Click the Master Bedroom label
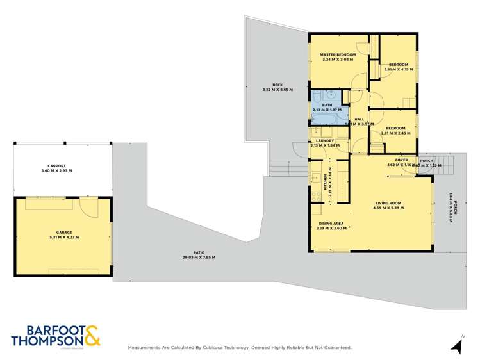(x=338, y=55)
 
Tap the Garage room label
(x=63, y=232)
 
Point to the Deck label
(x=277, y=85)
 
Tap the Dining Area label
(x=331, y=223)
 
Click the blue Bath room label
(x=327, y=105)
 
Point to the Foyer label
(x=402, y=160)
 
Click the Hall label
(x=359, y=119)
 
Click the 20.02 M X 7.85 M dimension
(x=199, y=258)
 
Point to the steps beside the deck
(x=280, y=168)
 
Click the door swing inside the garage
(x=88, y=206)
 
